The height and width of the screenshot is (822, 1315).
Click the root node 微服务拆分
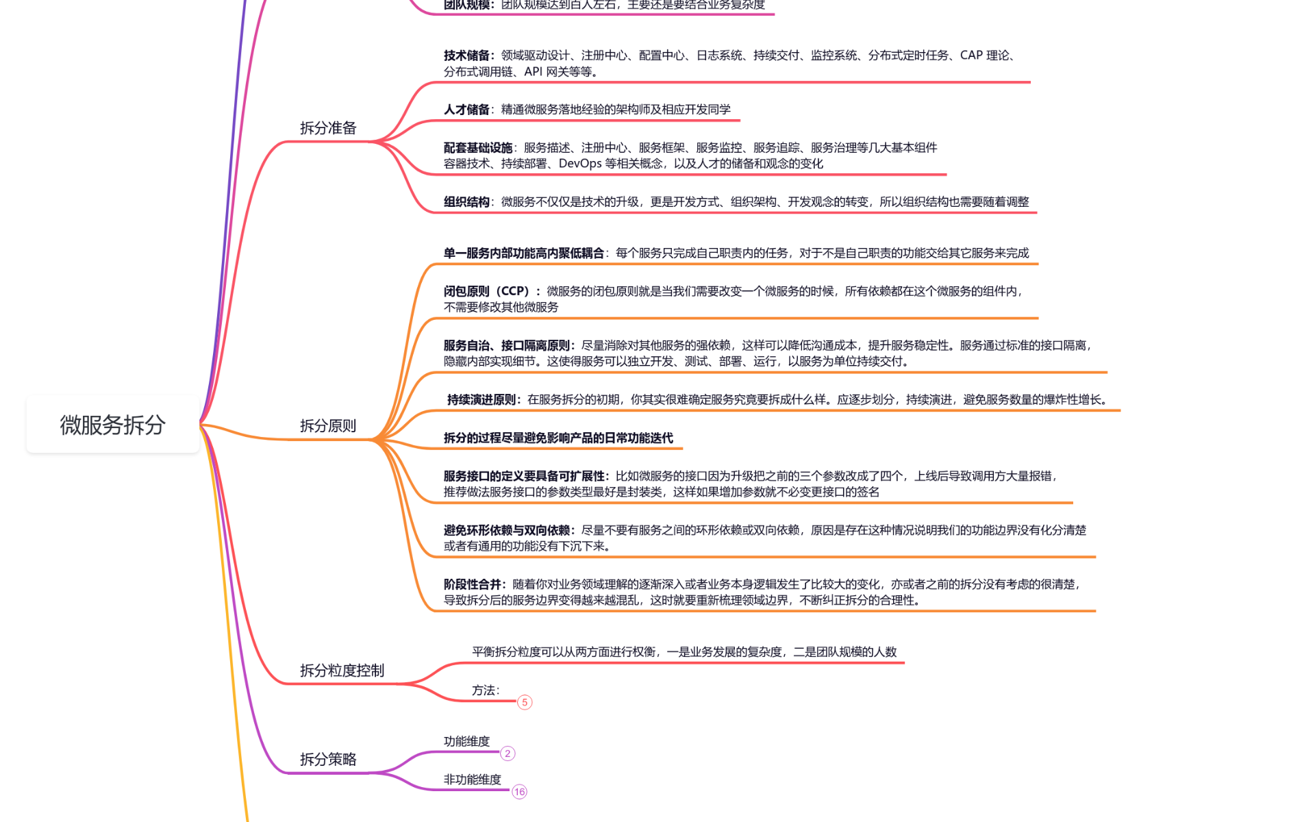pos(113,425)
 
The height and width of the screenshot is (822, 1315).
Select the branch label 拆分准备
pos(328,128)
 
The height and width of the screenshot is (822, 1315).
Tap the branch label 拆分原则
pos(328,426)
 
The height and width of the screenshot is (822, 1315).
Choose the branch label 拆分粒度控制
pos(342,671)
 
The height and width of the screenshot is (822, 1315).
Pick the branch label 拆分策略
pos(328,759)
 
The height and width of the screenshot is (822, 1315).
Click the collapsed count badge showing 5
pos(525,702)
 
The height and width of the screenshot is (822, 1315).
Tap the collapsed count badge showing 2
pos(508,754)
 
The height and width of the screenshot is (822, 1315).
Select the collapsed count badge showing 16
pos(519,792)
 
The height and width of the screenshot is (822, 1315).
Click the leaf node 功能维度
pos(466,741)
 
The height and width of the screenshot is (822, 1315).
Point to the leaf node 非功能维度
pos(472,780)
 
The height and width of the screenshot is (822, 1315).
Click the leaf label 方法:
pos(486,690)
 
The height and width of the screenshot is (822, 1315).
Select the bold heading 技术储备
pos(467,55)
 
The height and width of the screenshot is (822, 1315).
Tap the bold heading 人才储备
pos(467,110)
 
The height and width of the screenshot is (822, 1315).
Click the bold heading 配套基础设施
pos(478,148)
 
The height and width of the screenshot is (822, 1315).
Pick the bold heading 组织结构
pos(467,202)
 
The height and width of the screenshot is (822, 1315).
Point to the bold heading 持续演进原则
pos(481,399)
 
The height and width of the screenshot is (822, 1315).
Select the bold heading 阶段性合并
pos(473,584)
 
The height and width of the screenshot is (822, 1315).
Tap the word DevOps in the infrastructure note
pos(580,164)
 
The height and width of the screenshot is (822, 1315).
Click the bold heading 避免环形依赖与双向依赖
pos(507,530)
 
